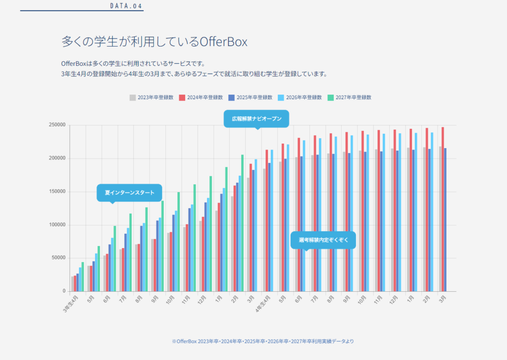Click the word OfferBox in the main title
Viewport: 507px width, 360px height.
tap(223, 42)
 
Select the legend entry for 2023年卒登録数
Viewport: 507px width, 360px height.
tap(152, 97)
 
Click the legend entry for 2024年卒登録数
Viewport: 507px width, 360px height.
tap(201, 97)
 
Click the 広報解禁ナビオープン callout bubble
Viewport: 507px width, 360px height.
tap(256, 119)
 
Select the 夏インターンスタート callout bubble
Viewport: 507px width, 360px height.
tap(129, 192)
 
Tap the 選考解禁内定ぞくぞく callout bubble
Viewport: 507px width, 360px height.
tap(323, 240)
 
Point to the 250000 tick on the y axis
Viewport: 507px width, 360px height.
tap(57, 125)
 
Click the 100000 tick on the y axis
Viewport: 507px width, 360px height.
tap(57, 225)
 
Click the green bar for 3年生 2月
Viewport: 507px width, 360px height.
tap(242, 223)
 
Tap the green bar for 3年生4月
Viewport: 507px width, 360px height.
tap(83, 276)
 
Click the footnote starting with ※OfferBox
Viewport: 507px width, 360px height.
tap(262, 341)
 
